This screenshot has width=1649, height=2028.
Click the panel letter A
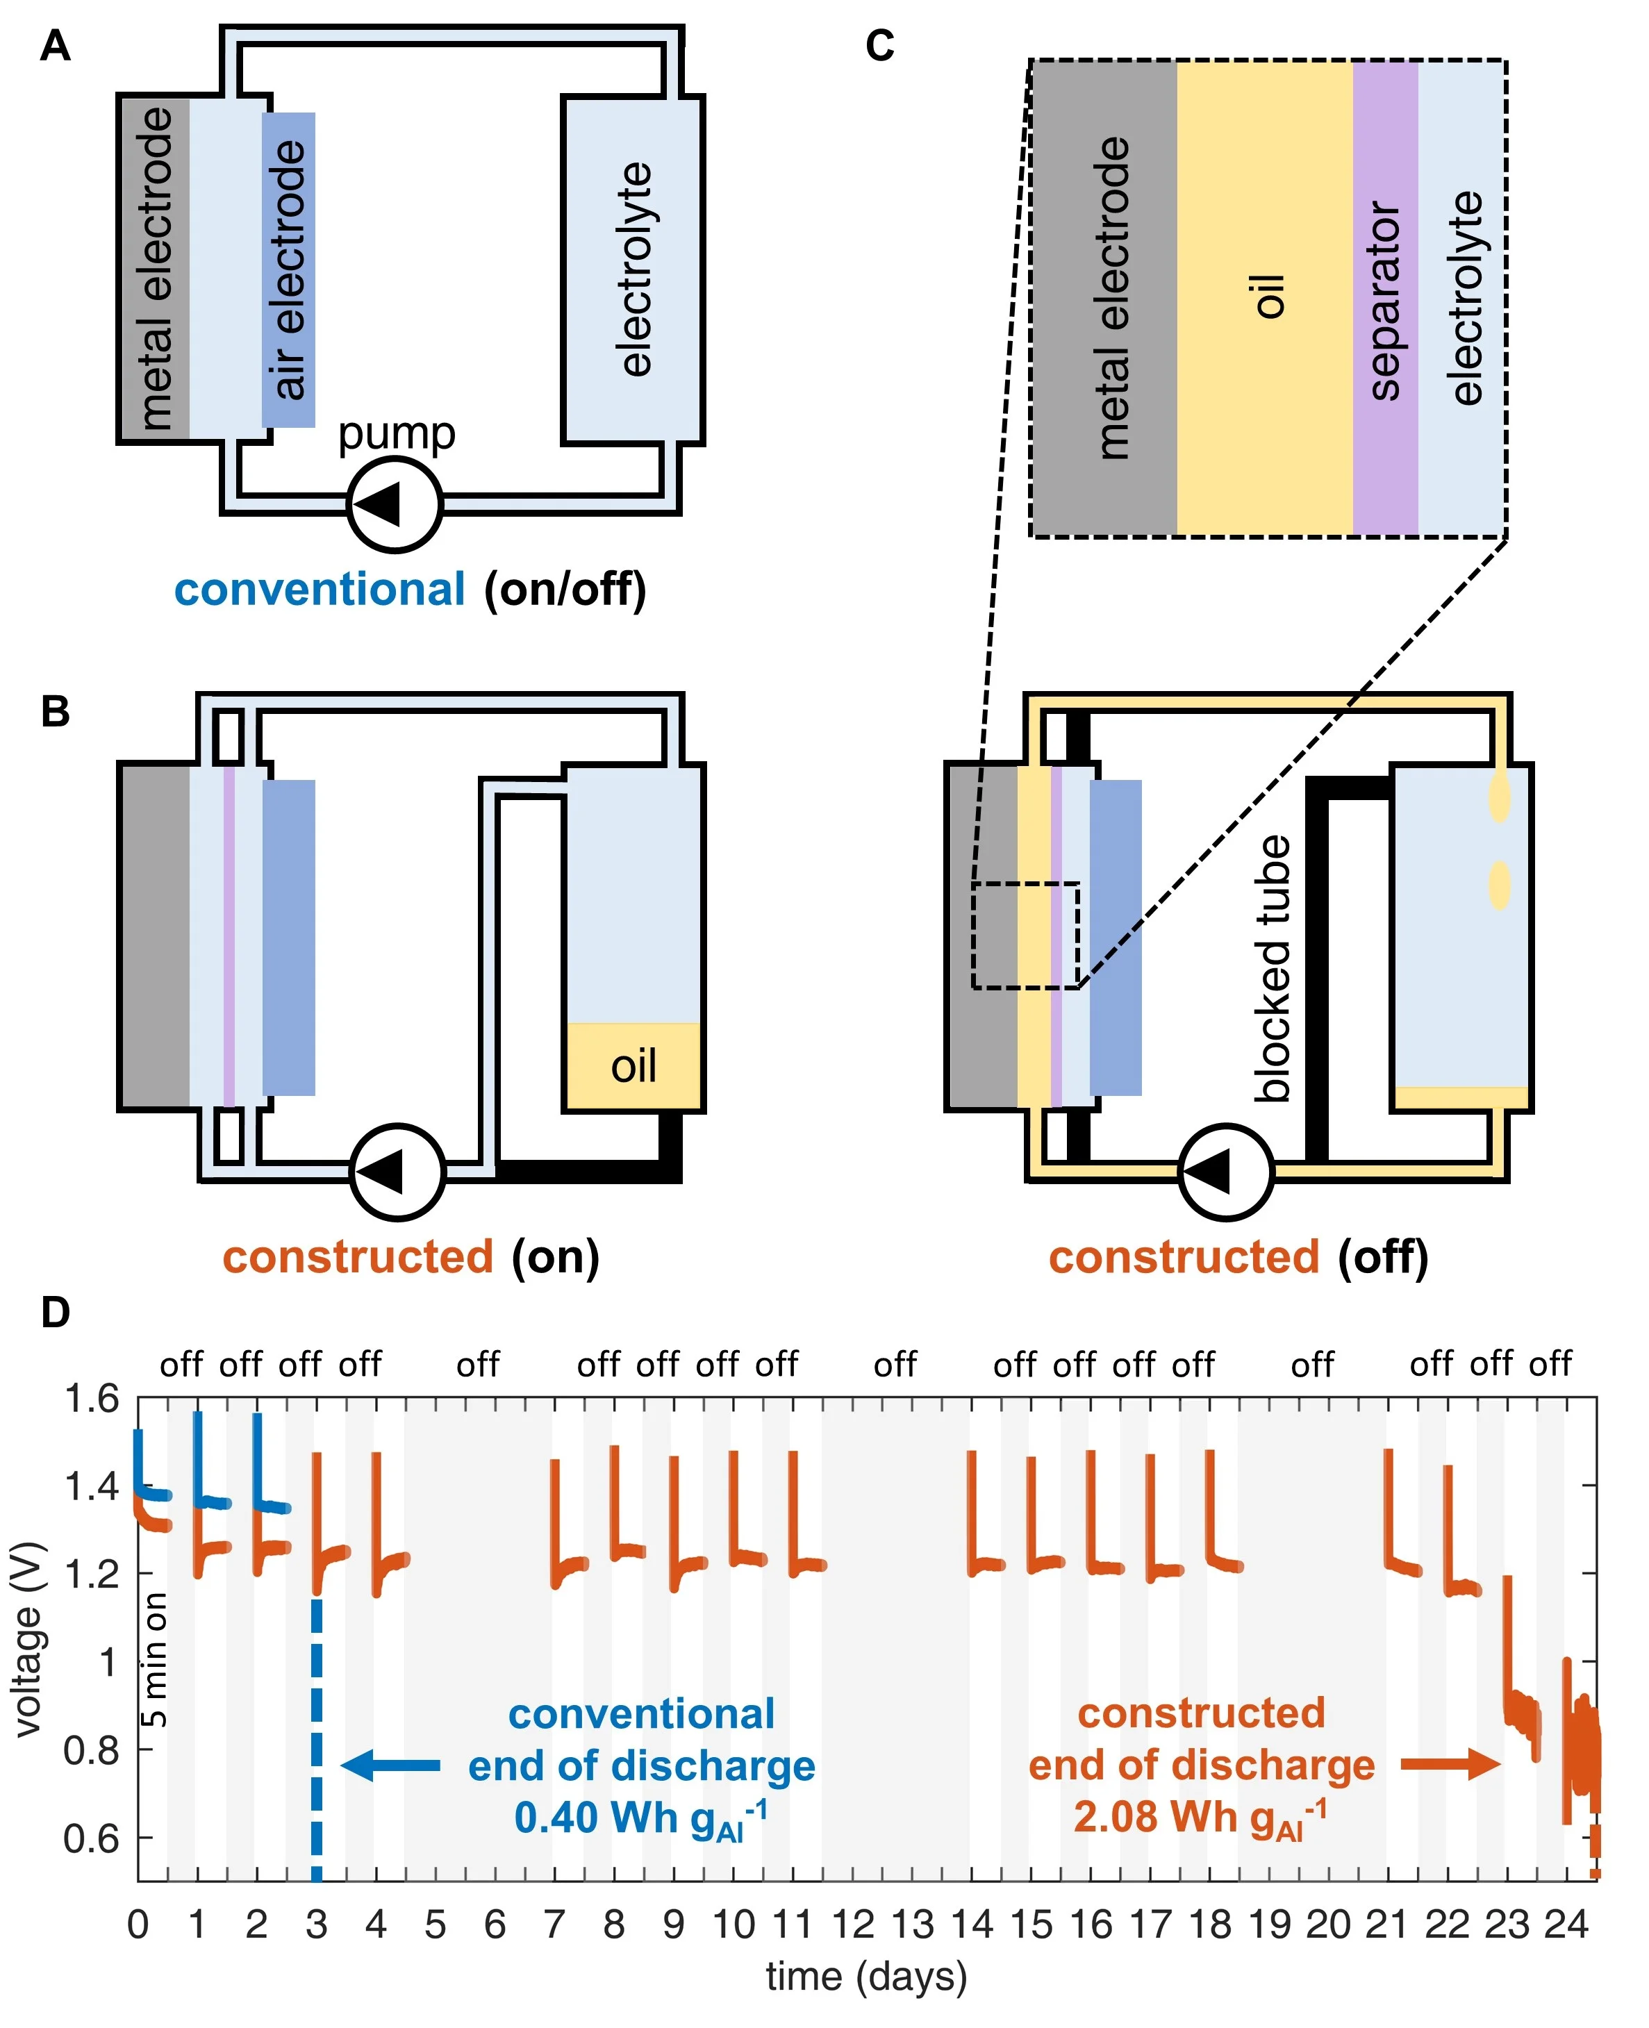(x=55, y=46)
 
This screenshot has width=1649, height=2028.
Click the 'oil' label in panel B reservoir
(x=633, y=1066)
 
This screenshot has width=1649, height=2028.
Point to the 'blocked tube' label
(x=1273, y=969)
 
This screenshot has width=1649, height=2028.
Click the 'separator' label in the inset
(x=1385, y=300)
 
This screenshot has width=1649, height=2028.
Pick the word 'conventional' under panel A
(x=319, y=590)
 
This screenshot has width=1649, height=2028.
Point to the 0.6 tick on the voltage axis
(x=91, y=1839)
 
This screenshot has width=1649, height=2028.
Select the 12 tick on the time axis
(x=852, y=1925)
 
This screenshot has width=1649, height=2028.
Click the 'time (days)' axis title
(x=866, y=1977)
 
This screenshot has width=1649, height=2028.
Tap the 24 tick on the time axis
(x=1566, y=1925)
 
